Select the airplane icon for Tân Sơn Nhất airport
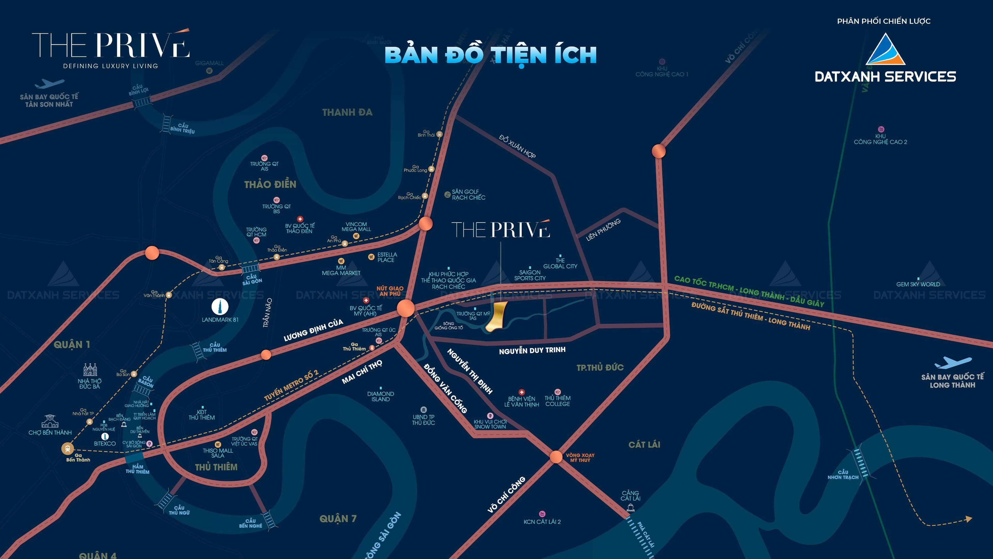49,84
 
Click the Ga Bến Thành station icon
68,449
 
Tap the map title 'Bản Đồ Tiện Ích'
490,55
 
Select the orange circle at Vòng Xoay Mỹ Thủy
556,457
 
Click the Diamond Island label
380,396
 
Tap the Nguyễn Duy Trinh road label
532,350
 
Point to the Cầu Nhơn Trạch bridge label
843,475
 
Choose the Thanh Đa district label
347,112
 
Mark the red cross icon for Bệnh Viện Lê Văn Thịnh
522,392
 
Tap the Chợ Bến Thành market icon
50,421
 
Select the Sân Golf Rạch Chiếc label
468,194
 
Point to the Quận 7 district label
338,518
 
